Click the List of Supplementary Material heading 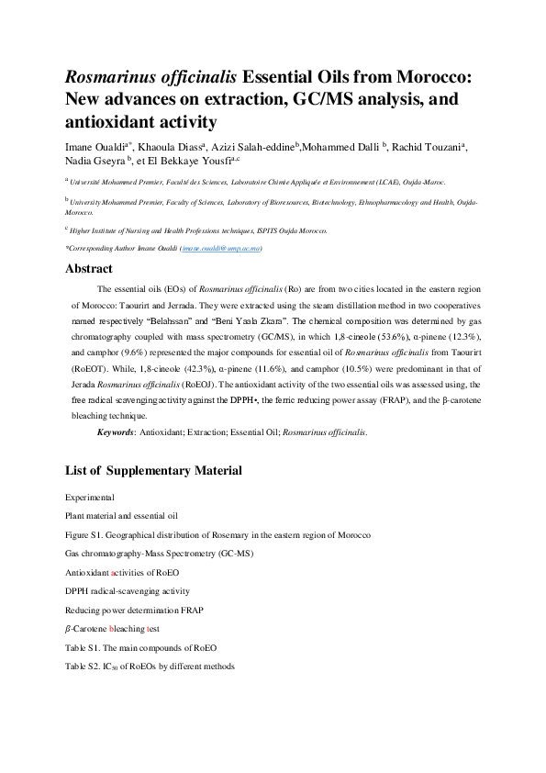pos(153,471)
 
